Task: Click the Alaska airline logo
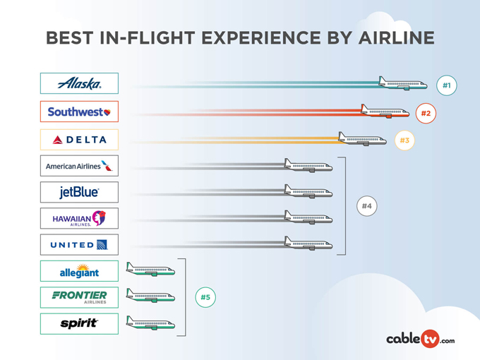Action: (x=79, y=83)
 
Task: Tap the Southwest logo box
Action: (x=79, y=112)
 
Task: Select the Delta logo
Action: (x=79, y=140)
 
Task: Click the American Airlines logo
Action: (x=79, y=166)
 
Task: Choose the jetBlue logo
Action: (x=79, y=192)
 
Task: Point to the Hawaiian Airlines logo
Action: (x=79, y=219)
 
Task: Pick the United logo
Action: (x=79, y=245)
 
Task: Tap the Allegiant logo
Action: (x=79, y=271)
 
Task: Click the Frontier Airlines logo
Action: (x=79, y=297)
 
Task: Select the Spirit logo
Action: (x=79, y=323)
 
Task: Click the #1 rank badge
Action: (x=446, y=85)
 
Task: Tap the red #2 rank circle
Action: (x=426, y=113)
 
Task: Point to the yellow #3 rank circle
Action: (x=404, y=140)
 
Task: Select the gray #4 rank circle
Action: (x=366, y=206)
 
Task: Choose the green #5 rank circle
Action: (x=205, y=297)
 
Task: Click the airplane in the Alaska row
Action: (x=402, y=84)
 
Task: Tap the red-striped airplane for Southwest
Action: (x=385, y=112)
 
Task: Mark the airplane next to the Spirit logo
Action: (x=150, y=324)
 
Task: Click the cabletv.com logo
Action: (x=420, y=339)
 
